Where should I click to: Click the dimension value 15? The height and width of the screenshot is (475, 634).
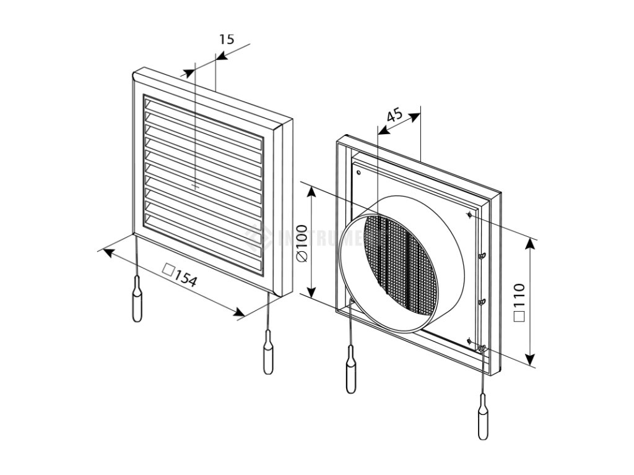point(227,39)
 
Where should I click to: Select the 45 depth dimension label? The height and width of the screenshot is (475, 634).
point(394,116)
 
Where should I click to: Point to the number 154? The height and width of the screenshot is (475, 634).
point(185,278)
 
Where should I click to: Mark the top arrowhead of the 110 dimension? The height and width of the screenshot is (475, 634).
point(530,242)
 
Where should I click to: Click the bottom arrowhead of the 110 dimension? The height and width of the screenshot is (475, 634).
point(530,360)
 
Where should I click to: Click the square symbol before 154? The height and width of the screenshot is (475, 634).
point(167,270)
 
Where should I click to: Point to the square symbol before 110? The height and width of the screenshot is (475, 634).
point(519,316)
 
